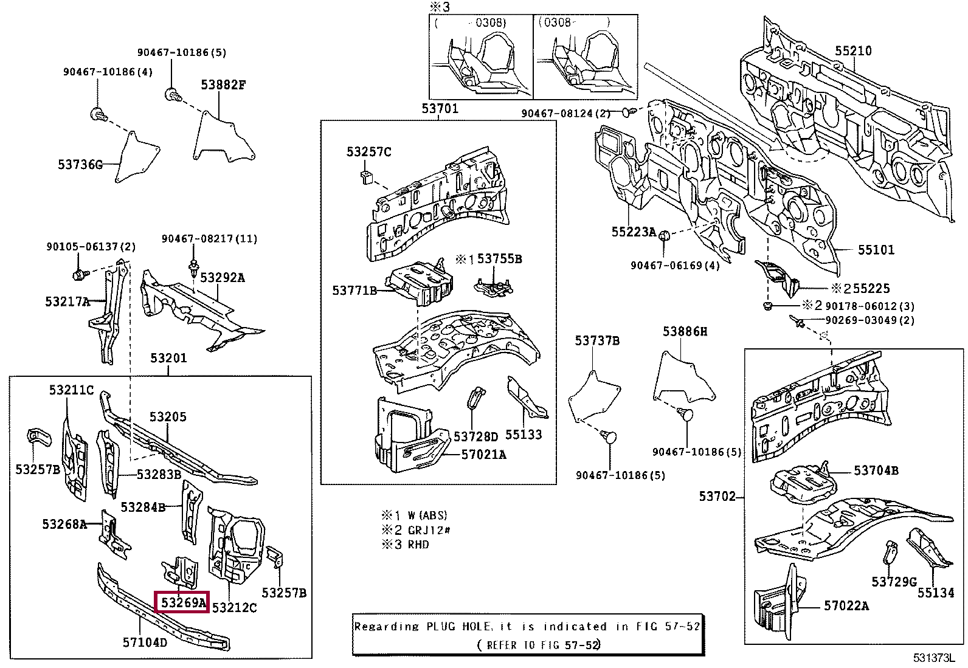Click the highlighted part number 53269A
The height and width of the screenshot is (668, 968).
[x=182, y=602]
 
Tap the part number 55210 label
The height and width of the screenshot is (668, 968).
[x=852, y=51]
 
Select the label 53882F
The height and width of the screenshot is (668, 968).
[x=223, y=85]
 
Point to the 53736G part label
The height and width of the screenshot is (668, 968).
[x=80, y=165]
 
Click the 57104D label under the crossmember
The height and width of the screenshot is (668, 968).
[x=145, y=642]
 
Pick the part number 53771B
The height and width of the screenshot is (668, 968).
[x=354, y=291]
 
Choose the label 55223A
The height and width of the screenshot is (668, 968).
[x=633, y=232]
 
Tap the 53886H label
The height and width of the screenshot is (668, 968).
[x=685, y=331]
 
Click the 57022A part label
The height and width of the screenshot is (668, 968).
[x=846, y=606]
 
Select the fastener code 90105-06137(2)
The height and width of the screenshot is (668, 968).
[x=91, y=247]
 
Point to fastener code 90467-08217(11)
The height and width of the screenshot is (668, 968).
[x=209, y=239]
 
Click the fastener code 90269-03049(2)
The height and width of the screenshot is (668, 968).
[x=869, y=320]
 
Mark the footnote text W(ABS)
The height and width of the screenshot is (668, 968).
[x=427, y=515]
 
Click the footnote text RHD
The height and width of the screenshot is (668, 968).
[x=418, y=545]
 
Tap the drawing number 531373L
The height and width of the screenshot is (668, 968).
[x=933, y=658]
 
